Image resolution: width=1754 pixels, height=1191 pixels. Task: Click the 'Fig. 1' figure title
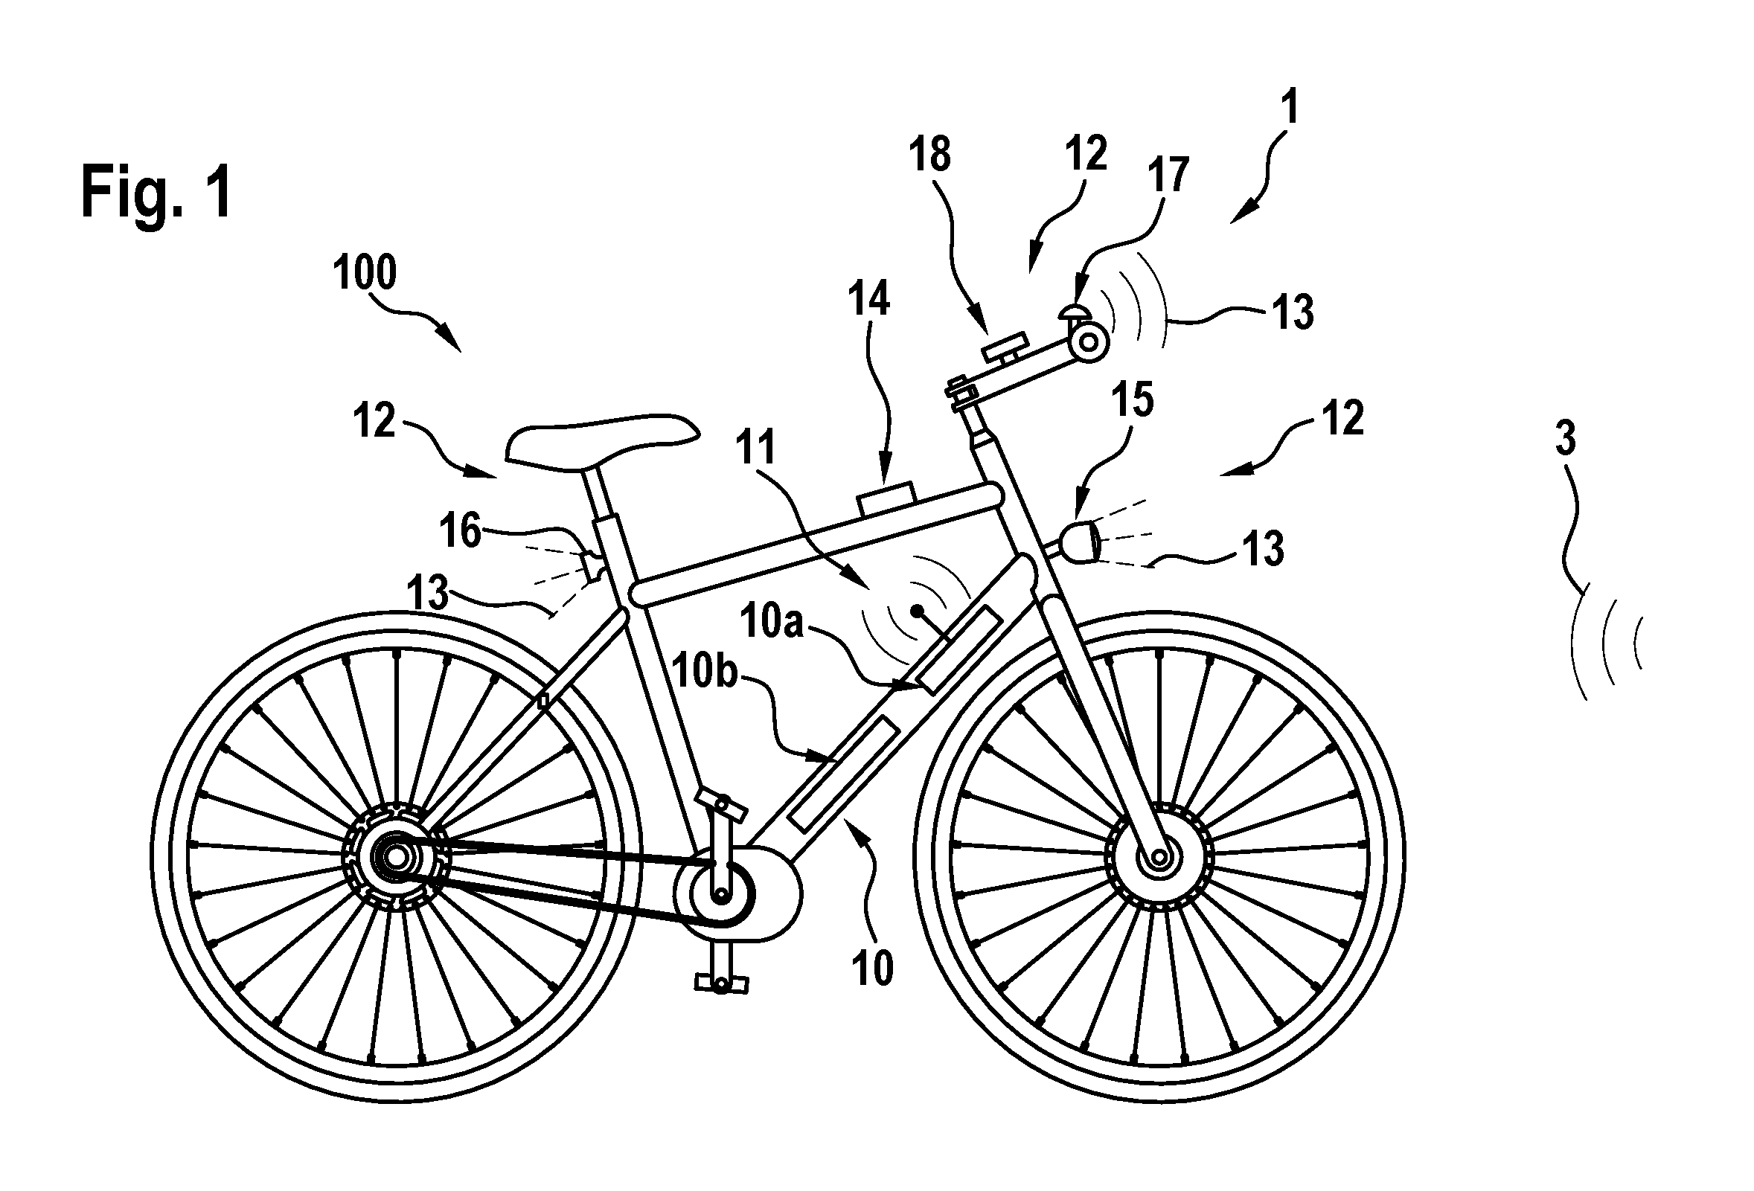click(156, 193)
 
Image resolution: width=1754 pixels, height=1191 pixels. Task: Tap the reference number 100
click(365, 272)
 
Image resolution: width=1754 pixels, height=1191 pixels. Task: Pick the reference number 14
click(868, 298)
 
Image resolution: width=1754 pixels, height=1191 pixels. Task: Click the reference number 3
click(1565, 439)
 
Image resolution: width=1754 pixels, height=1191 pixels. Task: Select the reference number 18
click(929, 155)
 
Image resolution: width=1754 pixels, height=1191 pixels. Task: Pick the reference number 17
click(1168, 175)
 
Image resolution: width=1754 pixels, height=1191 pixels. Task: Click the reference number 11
click(756, 446)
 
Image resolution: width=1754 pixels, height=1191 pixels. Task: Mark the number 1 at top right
click(1291, 107)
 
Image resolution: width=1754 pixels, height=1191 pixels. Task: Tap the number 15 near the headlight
click(1133, 399)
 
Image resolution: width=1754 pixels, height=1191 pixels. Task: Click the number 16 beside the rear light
click(461, 531)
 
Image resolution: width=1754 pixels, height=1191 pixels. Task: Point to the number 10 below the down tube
click(872, 968)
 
